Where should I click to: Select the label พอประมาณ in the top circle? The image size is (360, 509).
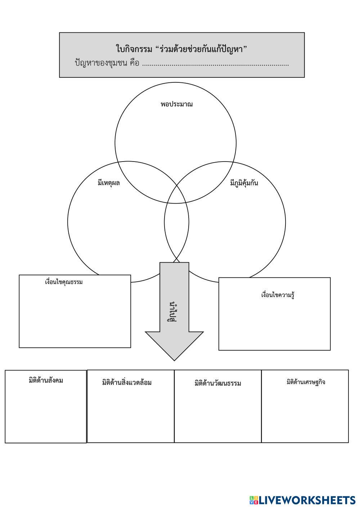(x=176, y=104)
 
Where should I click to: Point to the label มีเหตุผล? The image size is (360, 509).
(x=109, y=183)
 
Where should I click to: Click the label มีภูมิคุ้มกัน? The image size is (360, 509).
(x=244, y=183)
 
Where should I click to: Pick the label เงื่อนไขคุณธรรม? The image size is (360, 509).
(x=64, y=282)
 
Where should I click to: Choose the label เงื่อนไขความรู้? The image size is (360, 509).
(x=278, y=295)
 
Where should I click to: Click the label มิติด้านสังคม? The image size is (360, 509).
(x=46, y=380)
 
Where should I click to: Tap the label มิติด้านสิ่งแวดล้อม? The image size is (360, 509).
(x=127, y=382)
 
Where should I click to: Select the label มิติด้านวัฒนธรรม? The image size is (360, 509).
(x=217, y=383)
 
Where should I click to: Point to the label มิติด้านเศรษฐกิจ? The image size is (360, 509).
(x=306, y=382)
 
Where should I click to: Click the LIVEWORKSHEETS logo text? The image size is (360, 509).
(x=307, y=500)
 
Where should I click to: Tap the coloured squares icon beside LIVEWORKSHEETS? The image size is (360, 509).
(x=254, y=500)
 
